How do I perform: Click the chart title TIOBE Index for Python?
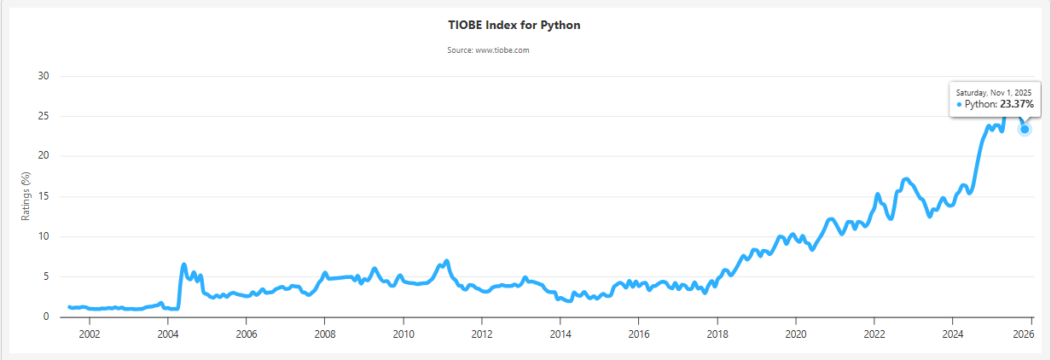[x=514, y=25]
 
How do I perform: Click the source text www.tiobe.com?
[x=489, y=50]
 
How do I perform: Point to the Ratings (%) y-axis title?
[x=26, y=195]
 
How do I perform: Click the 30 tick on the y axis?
[x=44, y=76]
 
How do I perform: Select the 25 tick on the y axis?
[x=44, y=116]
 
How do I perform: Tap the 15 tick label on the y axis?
[x=44, y=196]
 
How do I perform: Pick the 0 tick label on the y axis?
[x=47, y=316]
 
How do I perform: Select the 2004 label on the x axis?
[x=167, y=334]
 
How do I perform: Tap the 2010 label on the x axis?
[x=403, y=334]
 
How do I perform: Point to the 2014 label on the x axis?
[x=560, y=334]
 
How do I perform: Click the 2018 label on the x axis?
[x=717, y=334]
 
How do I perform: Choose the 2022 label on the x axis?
[x=874, y=334]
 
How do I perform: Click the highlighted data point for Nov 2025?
[x=1025, y=129]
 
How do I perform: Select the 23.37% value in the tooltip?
[x=1017, y=104]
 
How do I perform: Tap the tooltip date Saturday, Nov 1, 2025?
[x=994, y=92]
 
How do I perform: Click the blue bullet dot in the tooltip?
[x=959, y=104]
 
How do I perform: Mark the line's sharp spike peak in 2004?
[x=183, y=264]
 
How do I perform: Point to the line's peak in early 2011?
[x=446, y=261]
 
